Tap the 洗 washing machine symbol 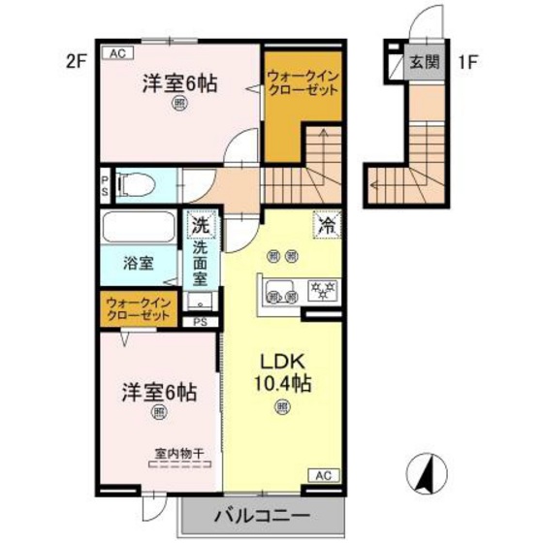199,225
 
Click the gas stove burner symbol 320,288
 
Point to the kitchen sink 279,288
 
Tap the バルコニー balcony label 261,514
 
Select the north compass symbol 424,475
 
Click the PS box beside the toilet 104,182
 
